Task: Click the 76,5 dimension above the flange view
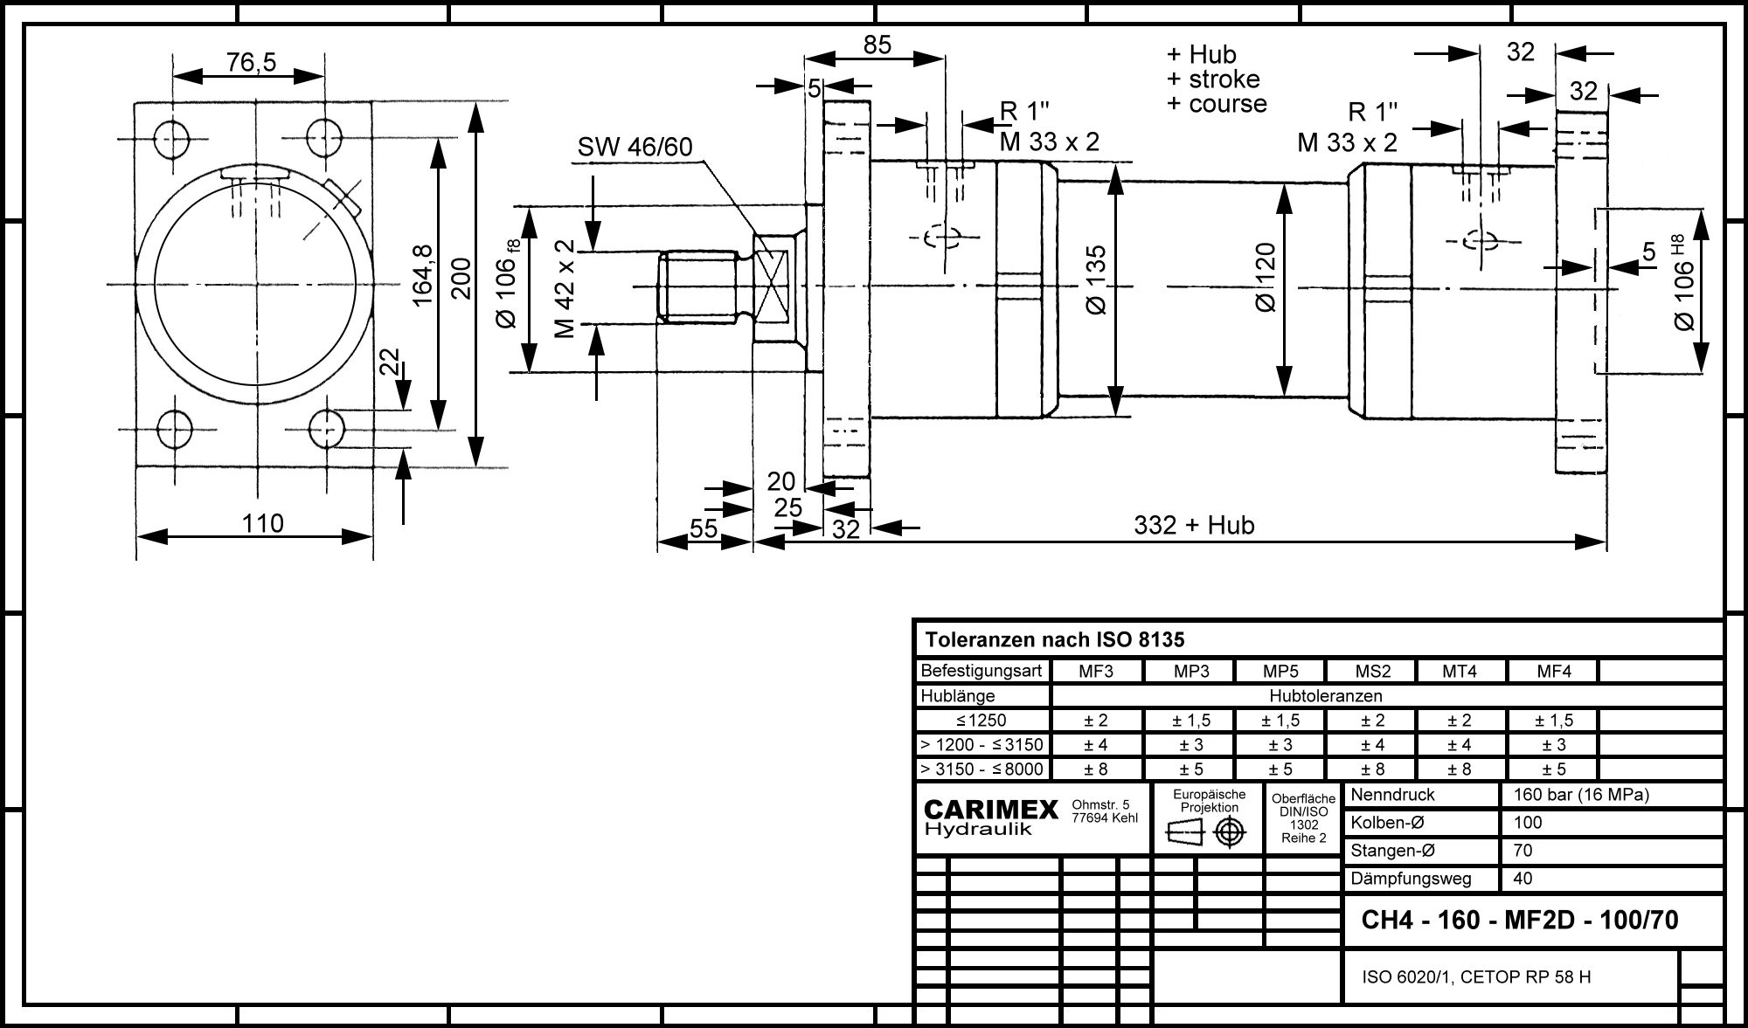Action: point(251,62)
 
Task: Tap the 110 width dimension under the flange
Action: point(263,523)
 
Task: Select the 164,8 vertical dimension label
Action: point(423,274)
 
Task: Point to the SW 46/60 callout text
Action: point(635,148)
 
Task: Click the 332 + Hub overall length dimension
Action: point(1194,525)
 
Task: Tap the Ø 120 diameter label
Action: point(1265,277)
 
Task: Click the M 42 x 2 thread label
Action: point(565,288)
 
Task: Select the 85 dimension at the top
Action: point(877,45)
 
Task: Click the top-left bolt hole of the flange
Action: point(172,138)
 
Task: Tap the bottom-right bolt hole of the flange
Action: point(327,429)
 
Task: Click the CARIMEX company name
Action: point(991,811)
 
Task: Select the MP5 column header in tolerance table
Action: point(1280,672)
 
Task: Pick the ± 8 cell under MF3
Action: point(1096,769)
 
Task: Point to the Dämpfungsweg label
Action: point(1411,879)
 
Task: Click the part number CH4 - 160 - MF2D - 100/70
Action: point(1520,921)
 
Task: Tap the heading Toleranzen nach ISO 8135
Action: point(1054,640)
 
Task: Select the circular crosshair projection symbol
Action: point(1230,832)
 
